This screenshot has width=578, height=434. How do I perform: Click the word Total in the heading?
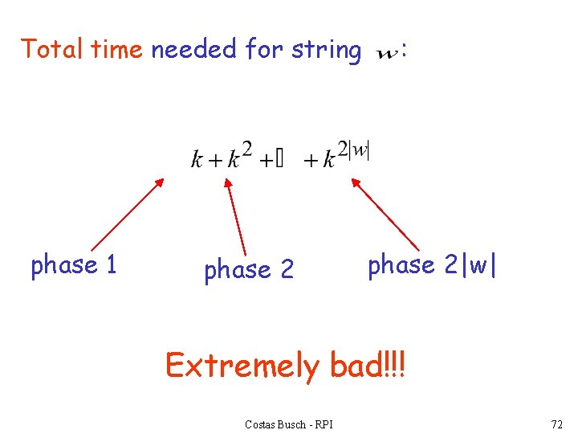pyautogui.click(x=53, y=50)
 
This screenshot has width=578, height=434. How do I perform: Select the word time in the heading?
pyautogui.click(x=116, y=50)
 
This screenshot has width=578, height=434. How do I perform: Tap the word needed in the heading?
pyautogui.click(x=193, y=50)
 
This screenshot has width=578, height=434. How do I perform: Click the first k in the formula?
pyautogui.click(x=197, y=159)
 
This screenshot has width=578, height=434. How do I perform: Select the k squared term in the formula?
pyautogui.click(x=239, y=156)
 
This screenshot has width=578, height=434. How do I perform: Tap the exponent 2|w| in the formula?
pyautogui.click(x=353, y=149)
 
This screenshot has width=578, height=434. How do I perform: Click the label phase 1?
pyautogui.click(x=74, y=265)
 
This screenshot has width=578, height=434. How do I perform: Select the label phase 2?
pyautogui.click(x=249, y=270)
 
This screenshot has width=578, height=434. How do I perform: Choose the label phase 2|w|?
pyautogui.click(x=433, y=265)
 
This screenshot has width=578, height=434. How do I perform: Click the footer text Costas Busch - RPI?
pyautogui.click(x=289, y=424)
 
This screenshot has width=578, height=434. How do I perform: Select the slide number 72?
pyautogui.click(x=556, y=424)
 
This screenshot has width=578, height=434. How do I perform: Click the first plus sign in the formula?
pyautogui.click(x=214, y=161)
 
